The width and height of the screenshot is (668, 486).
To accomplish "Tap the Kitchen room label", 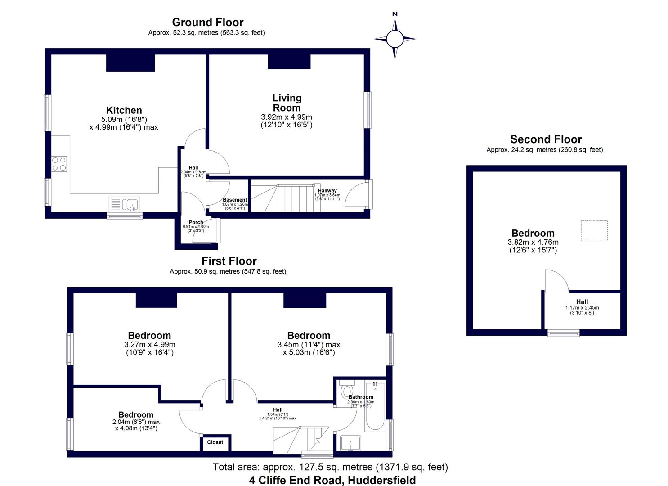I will pos(124,110).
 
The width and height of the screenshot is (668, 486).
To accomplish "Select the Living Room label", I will pos(287,103).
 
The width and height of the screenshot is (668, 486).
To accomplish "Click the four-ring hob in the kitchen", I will pos(59,163).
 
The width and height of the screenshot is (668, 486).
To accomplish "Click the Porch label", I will pos(196,222).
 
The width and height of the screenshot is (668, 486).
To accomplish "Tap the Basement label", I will pos(235,200).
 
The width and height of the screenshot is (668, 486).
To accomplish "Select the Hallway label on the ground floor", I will pos(327,191).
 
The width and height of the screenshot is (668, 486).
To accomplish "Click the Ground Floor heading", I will pos(207,22).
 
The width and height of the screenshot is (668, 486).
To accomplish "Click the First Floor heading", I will pos(229,261).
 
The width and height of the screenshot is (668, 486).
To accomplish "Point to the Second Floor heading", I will pos(546,139).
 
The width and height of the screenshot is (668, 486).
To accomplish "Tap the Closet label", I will pos(215,442).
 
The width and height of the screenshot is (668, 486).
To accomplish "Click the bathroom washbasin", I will pos(350,443).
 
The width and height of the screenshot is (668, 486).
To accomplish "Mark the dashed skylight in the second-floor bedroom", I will pos(594,231).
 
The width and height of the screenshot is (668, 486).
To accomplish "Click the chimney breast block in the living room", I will pos(289,62).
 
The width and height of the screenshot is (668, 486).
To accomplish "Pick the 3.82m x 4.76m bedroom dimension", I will pos(533,242).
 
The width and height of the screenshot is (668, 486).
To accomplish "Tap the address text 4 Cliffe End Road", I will pos(332,480).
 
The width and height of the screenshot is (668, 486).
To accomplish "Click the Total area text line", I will pos(330,467).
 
